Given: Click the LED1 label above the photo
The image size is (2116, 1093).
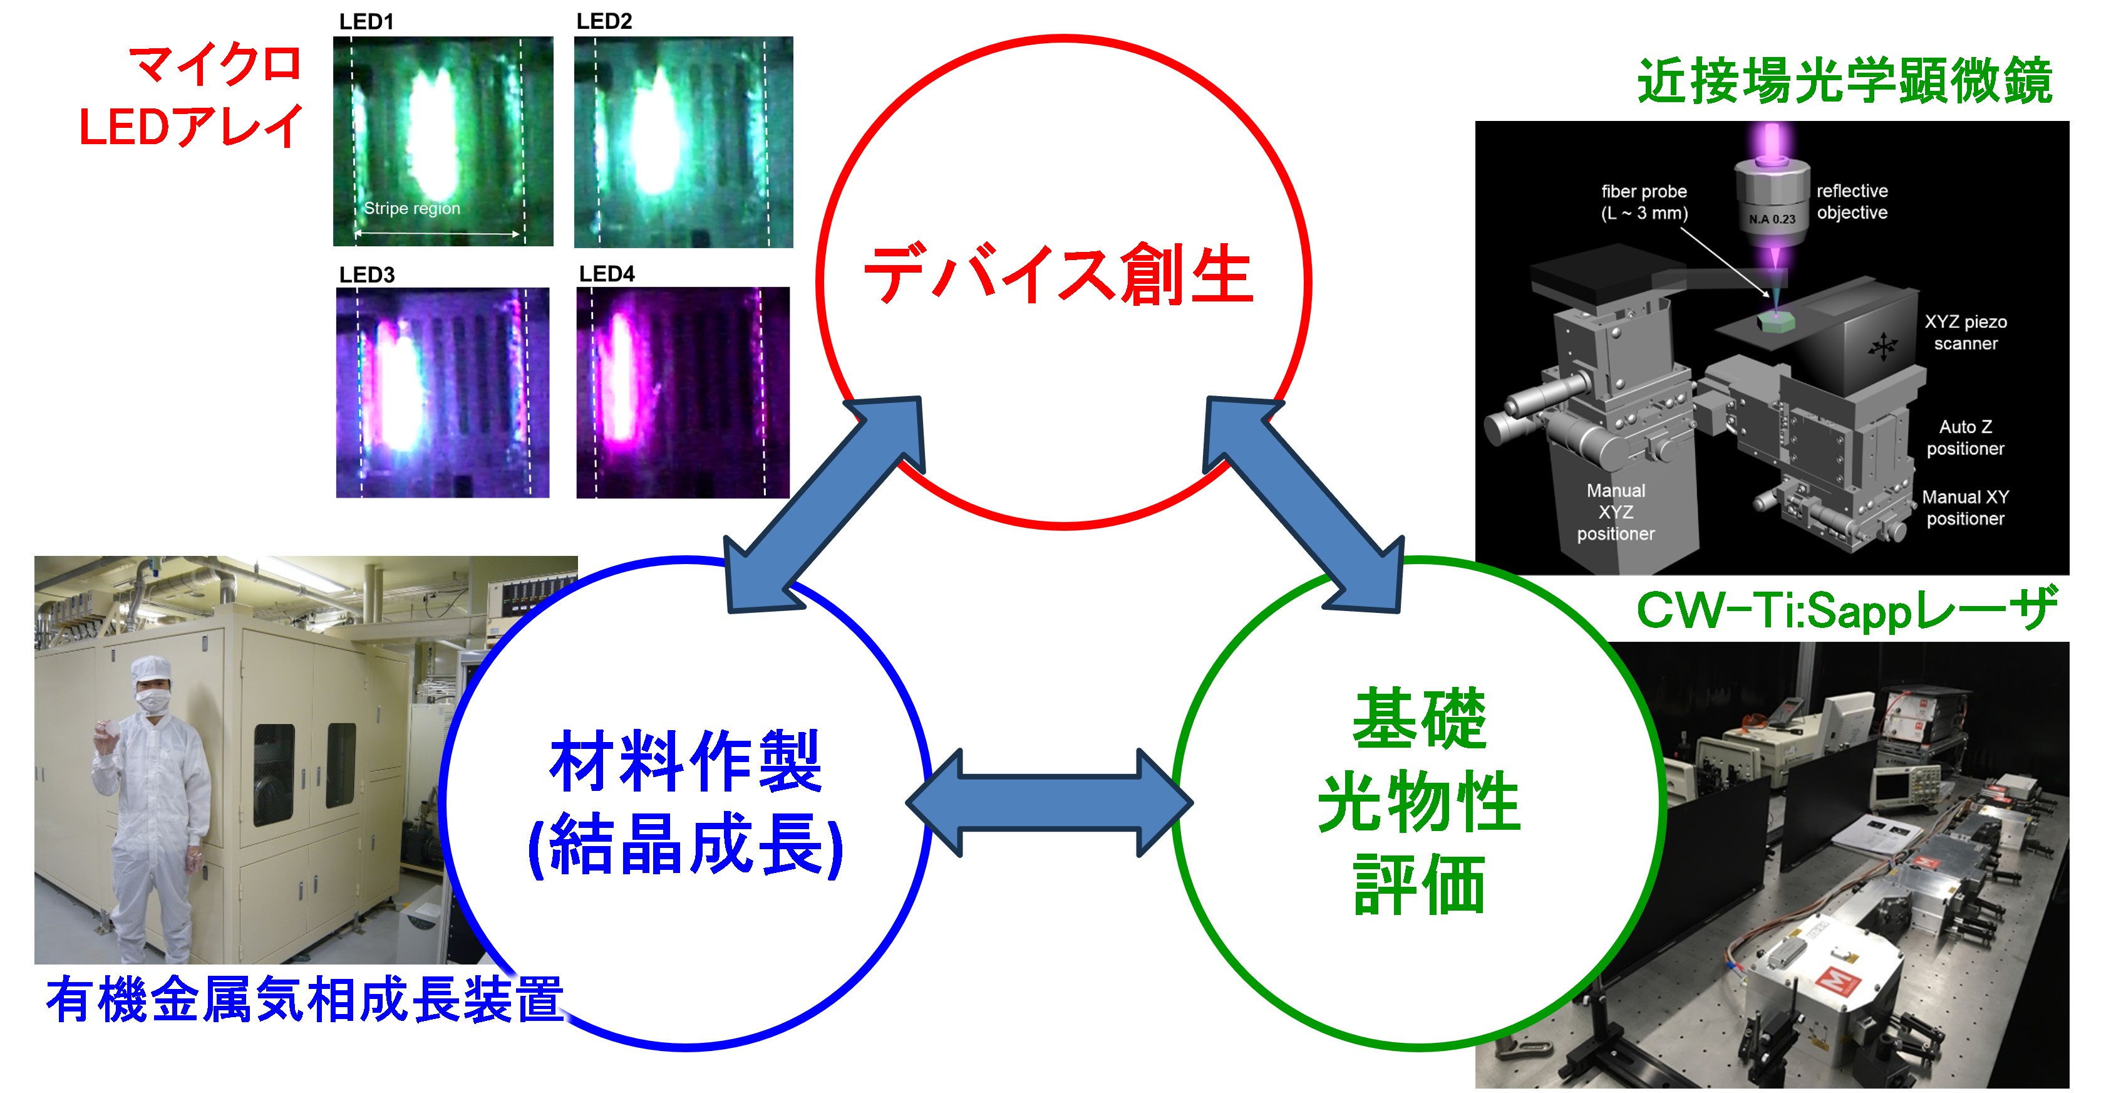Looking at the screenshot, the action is [x=366, y=22].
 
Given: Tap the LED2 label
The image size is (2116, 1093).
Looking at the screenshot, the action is [x=604, y=21].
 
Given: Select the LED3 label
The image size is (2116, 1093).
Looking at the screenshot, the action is [x=367, y=275].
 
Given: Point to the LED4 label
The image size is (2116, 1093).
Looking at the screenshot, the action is [x=606, y=274].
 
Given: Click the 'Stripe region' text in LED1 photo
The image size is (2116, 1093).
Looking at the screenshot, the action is [x=411, y=209].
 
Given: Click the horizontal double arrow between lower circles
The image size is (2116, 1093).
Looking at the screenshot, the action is [x=1049, y=803].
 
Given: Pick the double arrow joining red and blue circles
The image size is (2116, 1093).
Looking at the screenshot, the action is [x=824, y=505].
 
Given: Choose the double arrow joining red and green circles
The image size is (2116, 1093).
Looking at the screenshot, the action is [x=1304, y=505].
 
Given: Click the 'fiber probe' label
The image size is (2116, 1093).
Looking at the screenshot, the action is [x=1644, y=192].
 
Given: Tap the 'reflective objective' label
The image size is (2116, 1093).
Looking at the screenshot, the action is [x=1852, y=201].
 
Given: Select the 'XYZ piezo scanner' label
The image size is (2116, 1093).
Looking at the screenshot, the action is [x=1966, y=332].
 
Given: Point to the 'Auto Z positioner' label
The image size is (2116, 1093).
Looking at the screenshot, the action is [x=1965, y=437].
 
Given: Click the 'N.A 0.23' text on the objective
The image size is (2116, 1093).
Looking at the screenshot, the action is [x=1772, y=219].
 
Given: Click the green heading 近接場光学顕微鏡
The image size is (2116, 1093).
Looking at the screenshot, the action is [x=1845, y=81].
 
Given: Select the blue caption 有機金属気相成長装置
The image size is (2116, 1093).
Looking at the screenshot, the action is [x=305, y=1000].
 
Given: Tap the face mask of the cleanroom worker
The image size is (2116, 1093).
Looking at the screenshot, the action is [x=152, y=699].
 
